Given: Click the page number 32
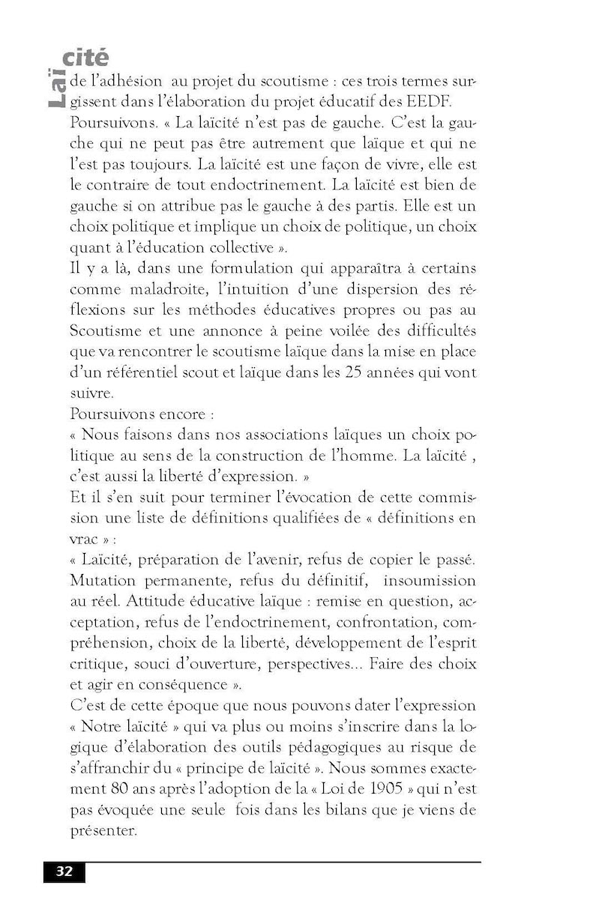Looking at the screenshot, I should point(64,871).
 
